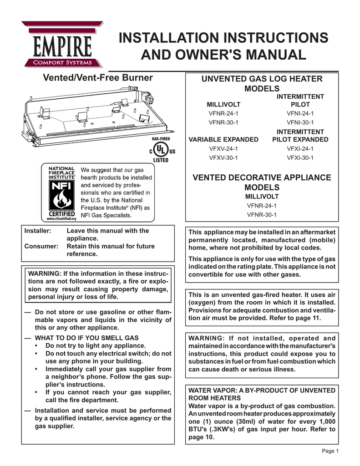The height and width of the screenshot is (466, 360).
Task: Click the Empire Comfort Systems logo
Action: pos(61,44)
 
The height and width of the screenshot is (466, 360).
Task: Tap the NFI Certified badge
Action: pos(59,192)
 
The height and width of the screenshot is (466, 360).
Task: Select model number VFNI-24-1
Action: pos(300,113)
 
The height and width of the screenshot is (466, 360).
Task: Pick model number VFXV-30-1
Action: pos(223,158)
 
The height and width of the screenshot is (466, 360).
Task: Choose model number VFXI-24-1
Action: pos(300,149)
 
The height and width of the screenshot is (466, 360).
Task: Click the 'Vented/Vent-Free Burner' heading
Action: pos(97,78)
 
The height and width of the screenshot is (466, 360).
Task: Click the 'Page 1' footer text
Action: pos(330,451)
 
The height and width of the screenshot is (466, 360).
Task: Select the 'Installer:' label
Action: pos(37,231)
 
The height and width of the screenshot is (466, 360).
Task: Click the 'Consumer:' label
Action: pos(41,246)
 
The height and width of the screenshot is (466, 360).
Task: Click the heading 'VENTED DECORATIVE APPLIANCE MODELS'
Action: pos(262,182)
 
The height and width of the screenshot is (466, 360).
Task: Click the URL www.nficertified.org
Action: pos(59,219)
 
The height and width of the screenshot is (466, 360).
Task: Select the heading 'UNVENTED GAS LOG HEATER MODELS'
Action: pos(262,84)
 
